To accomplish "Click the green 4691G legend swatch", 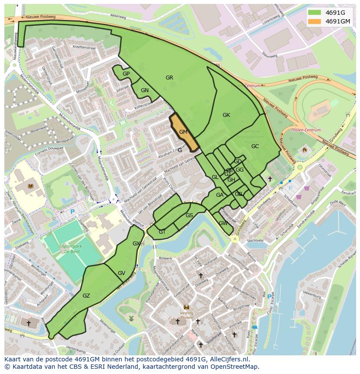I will (315, 13).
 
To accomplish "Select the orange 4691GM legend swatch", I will (315, 21).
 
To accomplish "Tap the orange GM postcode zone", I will (184, 132).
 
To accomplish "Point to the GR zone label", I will (169, 78).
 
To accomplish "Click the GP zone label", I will (126, 74).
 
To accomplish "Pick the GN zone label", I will (145, 90).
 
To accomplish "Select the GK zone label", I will (226, 115).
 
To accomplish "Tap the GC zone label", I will (255, 146).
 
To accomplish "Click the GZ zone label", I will (86, 296).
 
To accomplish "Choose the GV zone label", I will (121, 273).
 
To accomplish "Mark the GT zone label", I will (162, 232).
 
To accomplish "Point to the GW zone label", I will (223, 223).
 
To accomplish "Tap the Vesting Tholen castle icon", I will (187, 307).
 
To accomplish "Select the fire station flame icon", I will (304, 150).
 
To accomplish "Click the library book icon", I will (30, 186).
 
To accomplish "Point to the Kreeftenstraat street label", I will (83, 46).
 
